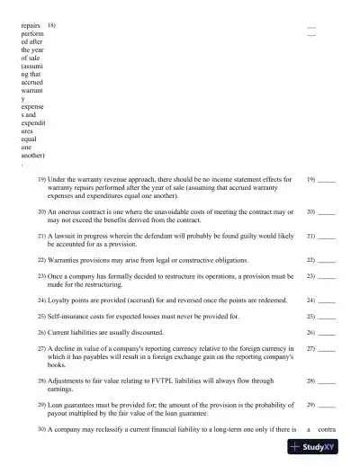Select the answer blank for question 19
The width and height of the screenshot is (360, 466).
coord(328,181)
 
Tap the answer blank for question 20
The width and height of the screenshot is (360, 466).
coord(328,213)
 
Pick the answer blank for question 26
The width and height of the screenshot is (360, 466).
coord(328,333)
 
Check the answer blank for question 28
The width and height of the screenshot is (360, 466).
coord(328,382)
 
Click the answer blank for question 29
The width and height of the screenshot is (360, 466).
coord(328,407)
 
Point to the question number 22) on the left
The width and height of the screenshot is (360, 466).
coord(42,260)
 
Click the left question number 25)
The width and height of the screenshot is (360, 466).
coord(42,317)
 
